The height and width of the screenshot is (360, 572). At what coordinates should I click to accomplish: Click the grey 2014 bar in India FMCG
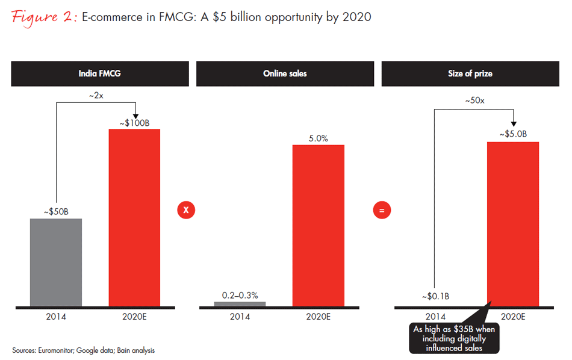pyautogui.click(x=56, y=262)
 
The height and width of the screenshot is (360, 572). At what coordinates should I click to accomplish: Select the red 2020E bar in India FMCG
pyautogui.click(x=134, y=217)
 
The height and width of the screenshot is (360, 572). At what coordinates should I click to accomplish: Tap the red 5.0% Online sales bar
pyautogui.click(x=318, y=226)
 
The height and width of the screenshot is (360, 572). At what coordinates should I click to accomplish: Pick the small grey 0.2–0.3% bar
pyautogui.click(x=240, y=304)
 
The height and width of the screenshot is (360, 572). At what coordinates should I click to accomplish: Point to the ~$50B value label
pyautogui.click(x=56, y=212)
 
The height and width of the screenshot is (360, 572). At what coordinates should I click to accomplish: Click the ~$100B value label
pyautogui.click(x=134, y=123)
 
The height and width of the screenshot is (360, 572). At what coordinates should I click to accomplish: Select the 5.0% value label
pyautogui.click(x=318, y=138)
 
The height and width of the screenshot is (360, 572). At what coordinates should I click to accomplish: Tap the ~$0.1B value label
pyautogui.click(x=435, y=296)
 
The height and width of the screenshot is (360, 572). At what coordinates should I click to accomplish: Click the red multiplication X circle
pyautogui.click(x=186, y=210)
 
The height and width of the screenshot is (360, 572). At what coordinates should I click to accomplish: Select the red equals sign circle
pyautogui.click(x=381, y=210)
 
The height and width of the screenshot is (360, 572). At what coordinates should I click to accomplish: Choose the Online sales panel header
pyautogui.click(x=285, y=73)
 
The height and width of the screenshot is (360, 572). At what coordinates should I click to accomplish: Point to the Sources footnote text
pyautogui.click(x=84, y=350)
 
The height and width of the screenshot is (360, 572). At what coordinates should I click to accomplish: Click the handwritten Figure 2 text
pyautogui.click(x=42, y=17)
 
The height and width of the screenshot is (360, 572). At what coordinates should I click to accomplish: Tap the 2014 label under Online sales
pyautogui.click(x=240, y=317)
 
